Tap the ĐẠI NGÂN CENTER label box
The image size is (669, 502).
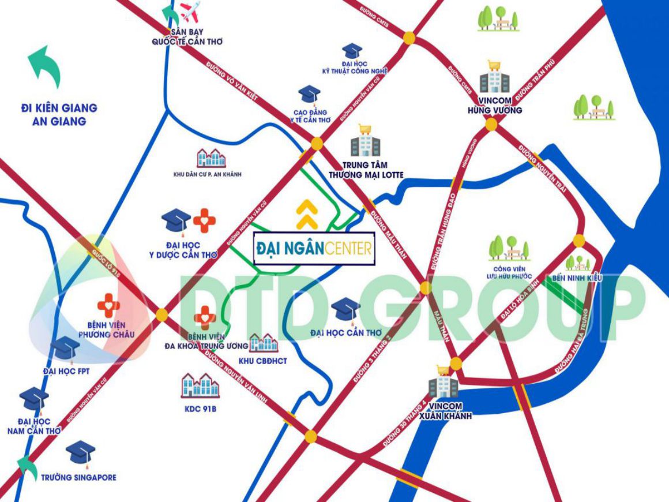point(314,248)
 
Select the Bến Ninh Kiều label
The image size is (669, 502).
point(577,278)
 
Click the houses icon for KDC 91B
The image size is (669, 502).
point(200,385)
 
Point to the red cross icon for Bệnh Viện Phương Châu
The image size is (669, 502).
point(108,304)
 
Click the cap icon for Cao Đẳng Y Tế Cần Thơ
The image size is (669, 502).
point(310,95)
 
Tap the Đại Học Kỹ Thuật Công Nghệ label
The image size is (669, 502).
point(355,67)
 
